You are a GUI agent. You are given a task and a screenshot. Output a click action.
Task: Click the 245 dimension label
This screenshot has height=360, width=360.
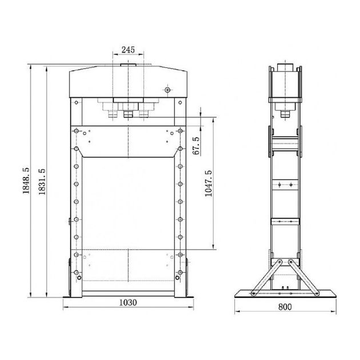point(128,50)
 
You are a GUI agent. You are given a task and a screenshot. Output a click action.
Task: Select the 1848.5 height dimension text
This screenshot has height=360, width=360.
point(26,181)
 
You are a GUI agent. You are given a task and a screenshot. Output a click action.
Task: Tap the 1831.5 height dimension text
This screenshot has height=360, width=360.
point(42,182)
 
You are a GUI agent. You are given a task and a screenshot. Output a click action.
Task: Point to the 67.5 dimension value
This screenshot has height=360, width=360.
point(196,146)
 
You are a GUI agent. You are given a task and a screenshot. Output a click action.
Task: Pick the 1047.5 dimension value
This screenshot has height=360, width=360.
point(209,183)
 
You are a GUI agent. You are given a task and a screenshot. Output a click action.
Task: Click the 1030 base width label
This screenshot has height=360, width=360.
point(128,303)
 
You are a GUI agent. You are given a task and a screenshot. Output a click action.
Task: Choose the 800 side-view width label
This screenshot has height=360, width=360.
point(285,307)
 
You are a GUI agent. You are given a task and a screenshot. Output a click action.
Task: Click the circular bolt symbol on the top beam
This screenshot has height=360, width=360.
point(167,90)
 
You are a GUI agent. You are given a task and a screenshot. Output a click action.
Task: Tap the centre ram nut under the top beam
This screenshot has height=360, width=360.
point(129,114)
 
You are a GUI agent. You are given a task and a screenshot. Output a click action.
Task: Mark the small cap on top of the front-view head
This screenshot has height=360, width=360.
point(129,65)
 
